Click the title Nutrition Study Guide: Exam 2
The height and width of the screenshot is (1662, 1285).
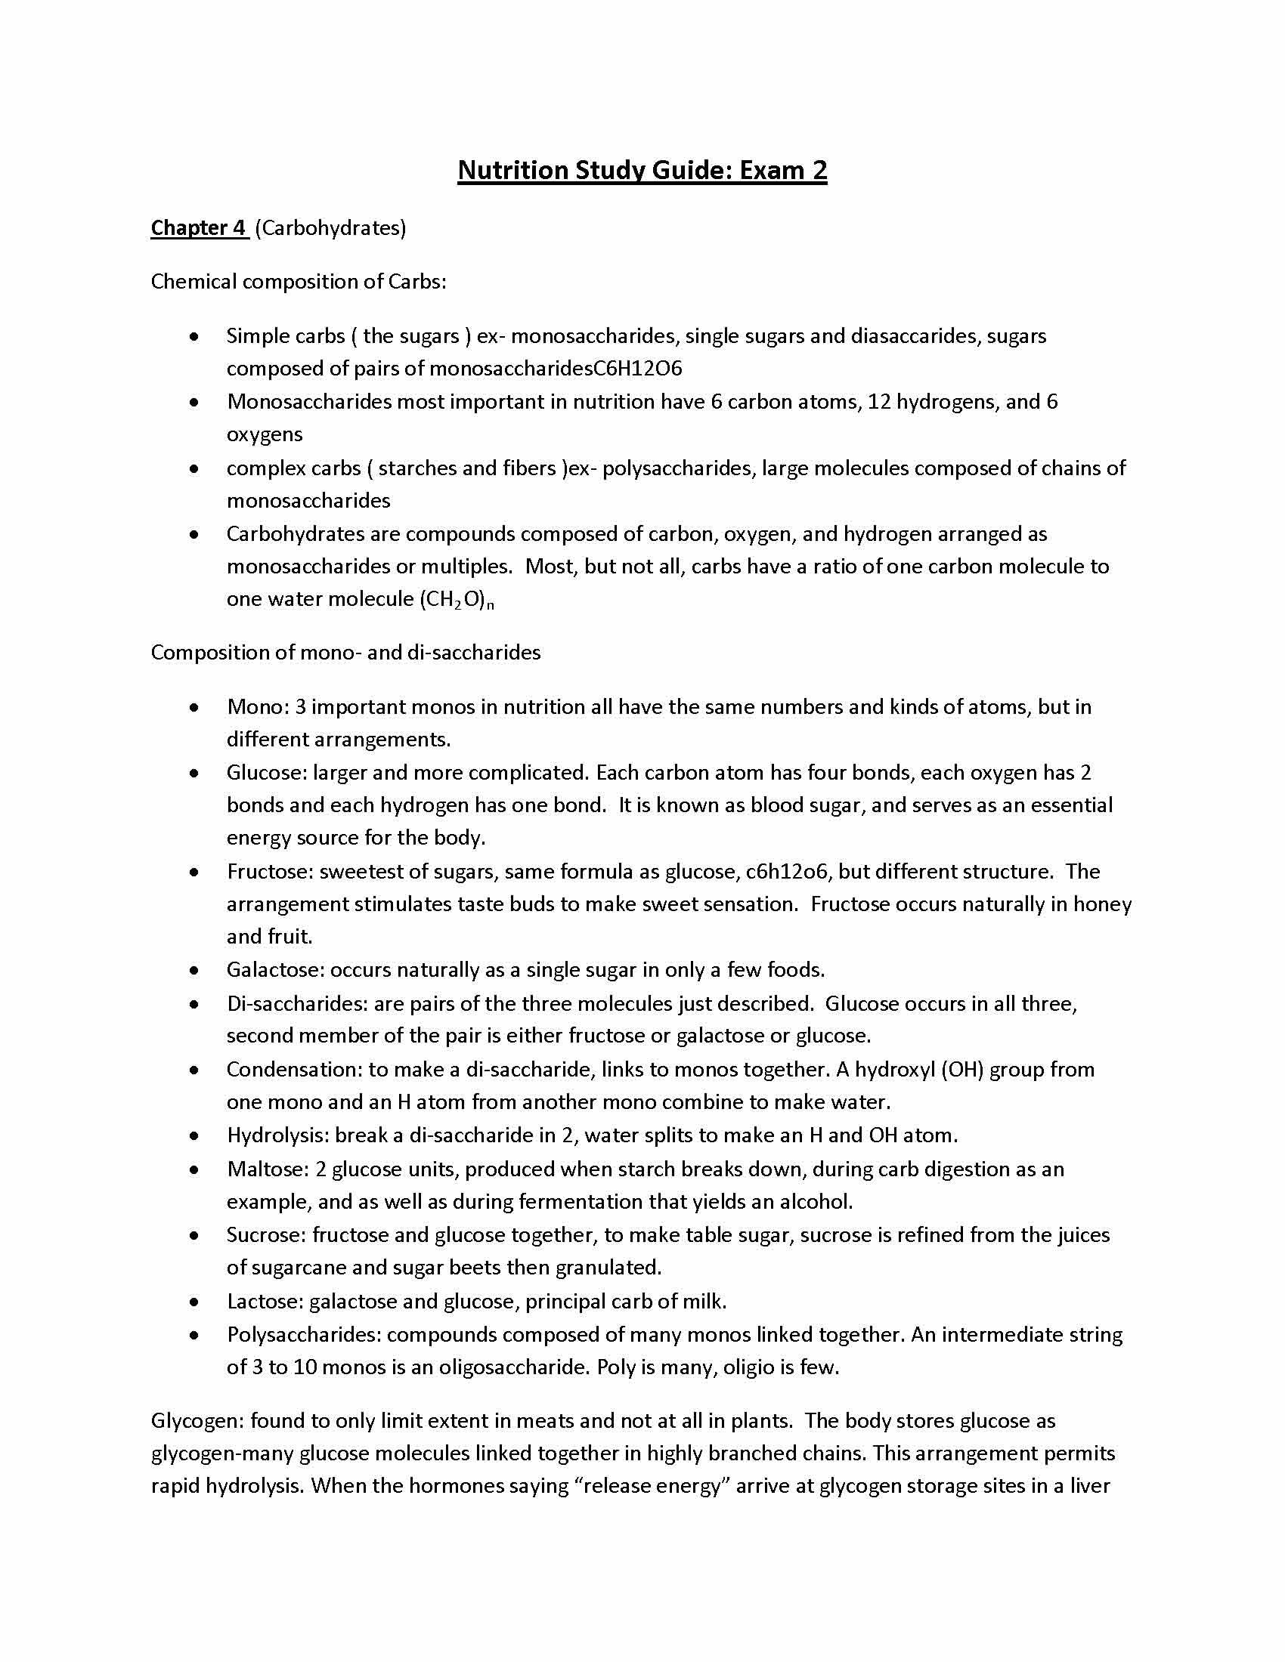point(642,170)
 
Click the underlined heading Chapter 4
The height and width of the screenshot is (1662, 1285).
point(200,227)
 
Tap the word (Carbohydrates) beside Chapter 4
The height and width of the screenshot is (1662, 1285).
point(330,227)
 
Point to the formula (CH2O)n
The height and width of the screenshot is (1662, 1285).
point(456,600)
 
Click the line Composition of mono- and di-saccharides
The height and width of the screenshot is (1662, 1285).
point(345,652)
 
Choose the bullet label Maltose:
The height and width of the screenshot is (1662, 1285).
point(268,1169)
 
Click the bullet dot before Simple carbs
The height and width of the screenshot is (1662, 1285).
point(195,335)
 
